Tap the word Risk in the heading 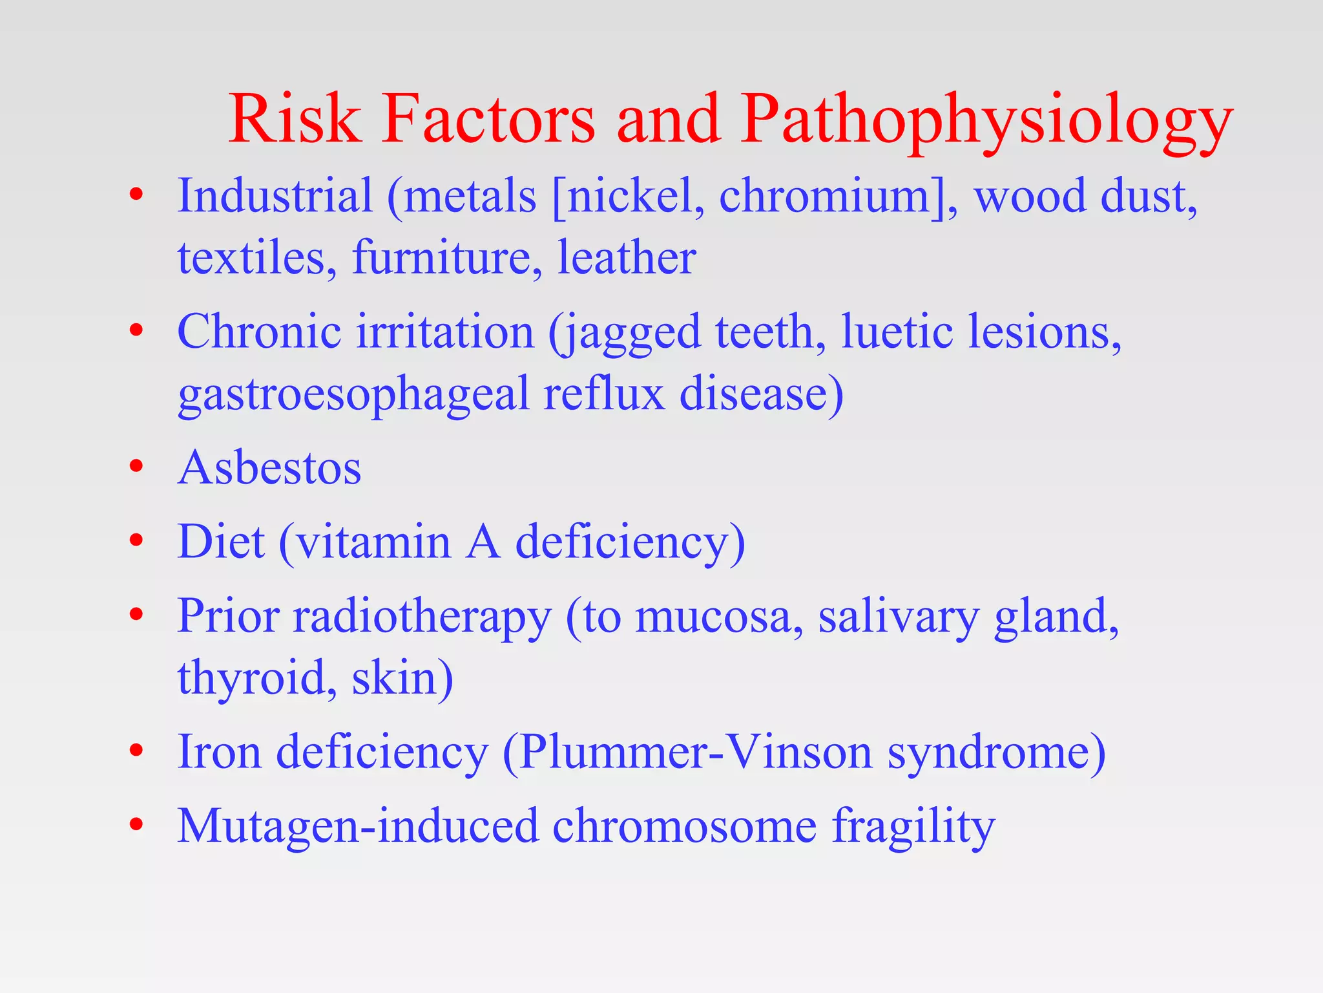(x=295, y=119)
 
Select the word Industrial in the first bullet (x=275, y=195)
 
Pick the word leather (x=627, y=258)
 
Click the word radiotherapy (x=422, y=617)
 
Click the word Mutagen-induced (x=358, y=827)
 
